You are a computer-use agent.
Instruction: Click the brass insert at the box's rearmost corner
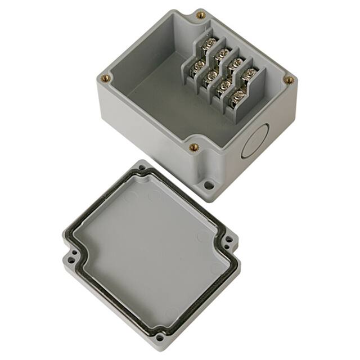[200, 15]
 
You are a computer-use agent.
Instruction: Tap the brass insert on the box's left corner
[105, 79]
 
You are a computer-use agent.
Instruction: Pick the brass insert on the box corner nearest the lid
[194, 147]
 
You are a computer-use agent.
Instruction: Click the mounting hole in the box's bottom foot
[209, 184]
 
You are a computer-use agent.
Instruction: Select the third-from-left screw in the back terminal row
[236, 62]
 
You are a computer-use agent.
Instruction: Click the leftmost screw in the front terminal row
[197, 65]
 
